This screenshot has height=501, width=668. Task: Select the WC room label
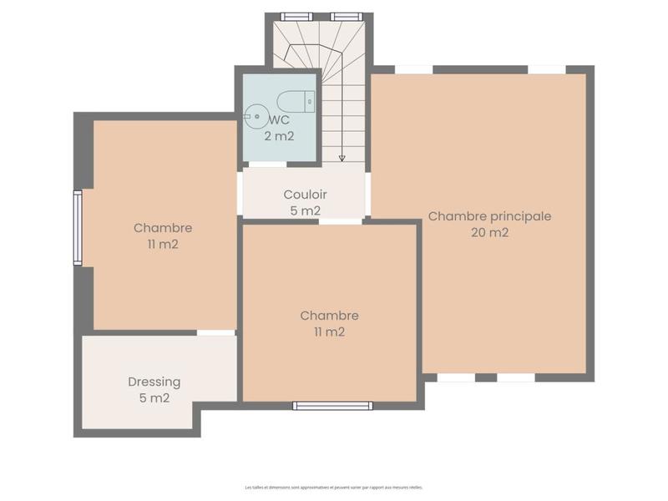pyautogui.click(x=281, y=120)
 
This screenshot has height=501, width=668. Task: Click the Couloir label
pyautogui.click(x=305, y=195)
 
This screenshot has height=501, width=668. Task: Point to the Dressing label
pyautogui.click(x=154, y=382)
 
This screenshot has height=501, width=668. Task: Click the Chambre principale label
pyautogui.click(x=489, y=215)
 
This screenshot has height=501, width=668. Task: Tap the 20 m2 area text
pyautogui.click(x=489, y=233)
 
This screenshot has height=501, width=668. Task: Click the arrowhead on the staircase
pyautogui.click(x=342, y=157)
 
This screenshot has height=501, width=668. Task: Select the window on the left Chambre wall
pyautogui.click(x=78, y=228)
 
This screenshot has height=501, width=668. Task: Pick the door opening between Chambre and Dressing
pyautogui.click(x=215, y=332)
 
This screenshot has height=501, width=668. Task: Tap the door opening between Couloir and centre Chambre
pyautogui.click(x=341, y=221)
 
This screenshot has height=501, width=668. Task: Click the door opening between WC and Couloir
pyautogui.click(x=268, y=164)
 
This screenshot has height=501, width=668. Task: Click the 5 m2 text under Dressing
pyautogui.click(x=154, y=398)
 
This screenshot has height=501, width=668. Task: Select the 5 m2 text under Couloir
pyautogui.click(x=305, y=211)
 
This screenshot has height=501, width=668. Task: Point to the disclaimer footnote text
pyautogui.click(x=334, y=487)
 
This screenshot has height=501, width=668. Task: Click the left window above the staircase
pyautogui.click(x=296, y=16)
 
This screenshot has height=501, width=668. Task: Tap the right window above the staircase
pyautogui.click(x=343, y=16)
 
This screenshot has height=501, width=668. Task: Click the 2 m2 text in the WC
pyautogui.click(x=279, y=136)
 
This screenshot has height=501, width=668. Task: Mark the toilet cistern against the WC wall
pyautogui.click(x=310, y=102)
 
